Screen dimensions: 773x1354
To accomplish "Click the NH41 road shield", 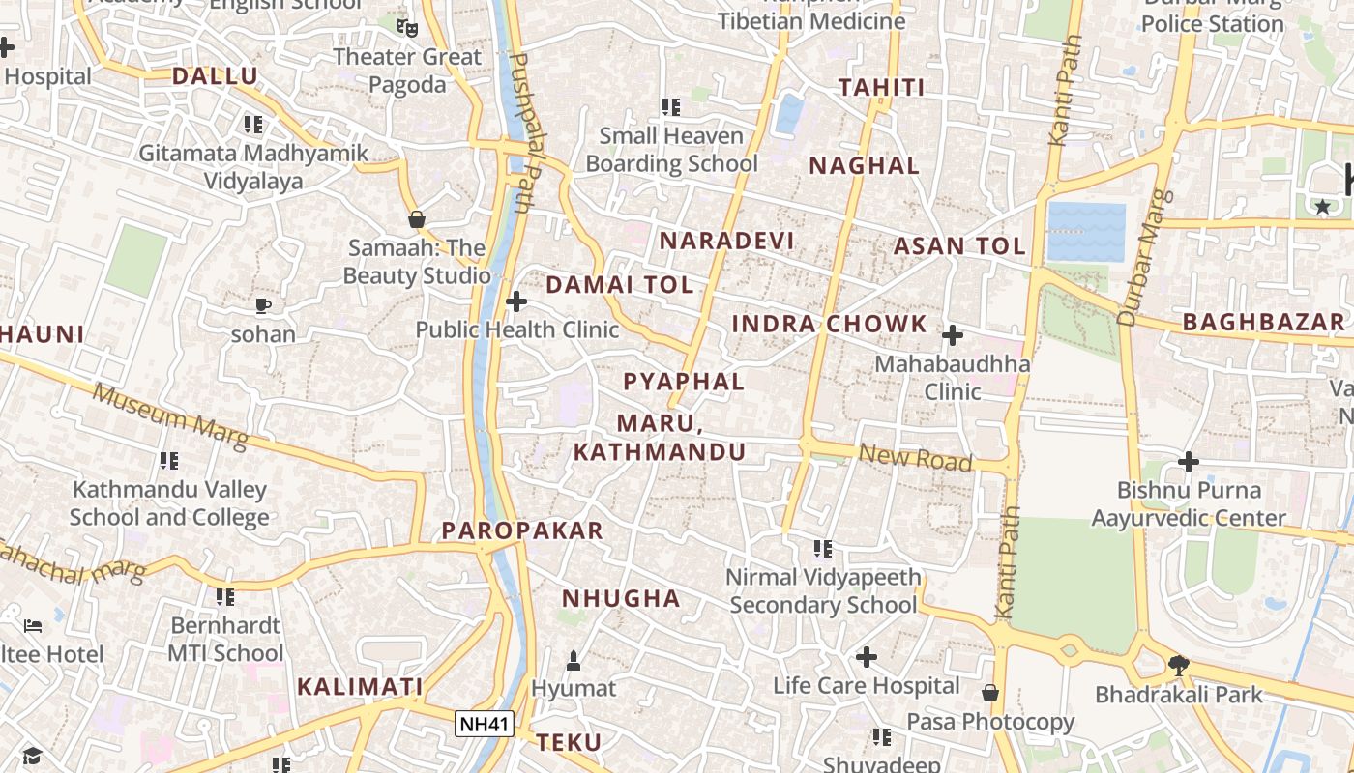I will point(485,724).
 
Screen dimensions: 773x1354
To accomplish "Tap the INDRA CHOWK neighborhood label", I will point(829,324).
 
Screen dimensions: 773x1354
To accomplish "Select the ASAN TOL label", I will point(959,245).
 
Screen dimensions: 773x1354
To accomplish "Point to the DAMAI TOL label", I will point(620,285).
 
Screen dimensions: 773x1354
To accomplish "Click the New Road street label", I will point(915,457).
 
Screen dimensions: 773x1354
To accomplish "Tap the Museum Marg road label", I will point(170,417).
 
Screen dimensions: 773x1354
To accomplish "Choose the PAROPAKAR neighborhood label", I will point(522,530).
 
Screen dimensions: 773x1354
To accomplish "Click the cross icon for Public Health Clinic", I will point(516,301).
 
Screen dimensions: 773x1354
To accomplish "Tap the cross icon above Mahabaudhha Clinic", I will point(953,335).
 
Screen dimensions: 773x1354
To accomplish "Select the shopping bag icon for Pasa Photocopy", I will point(990,693).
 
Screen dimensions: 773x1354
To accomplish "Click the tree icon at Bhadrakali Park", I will point(1178,665).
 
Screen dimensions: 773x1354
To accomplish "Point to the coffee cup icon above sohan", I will point(263,306).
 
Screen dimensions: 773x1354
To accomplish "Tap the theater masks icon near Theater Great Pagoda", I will point(407,27).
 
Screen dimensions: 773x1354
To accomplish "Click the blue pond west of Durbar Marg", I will point(1086,232).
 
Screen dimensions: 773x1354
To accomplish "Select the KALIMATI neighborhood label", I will point(360,687).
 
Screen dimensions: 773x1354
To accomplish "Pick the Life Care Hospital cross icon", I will point(867,658).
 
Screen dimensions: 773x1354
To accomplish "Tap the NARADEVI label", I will point(726,241).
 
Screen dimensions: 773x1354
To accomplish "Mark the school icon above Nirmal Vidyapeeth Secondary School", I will point(823,549).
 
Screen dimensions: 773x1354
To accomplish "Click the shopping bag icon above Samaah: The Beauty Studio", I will point(417,219).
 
